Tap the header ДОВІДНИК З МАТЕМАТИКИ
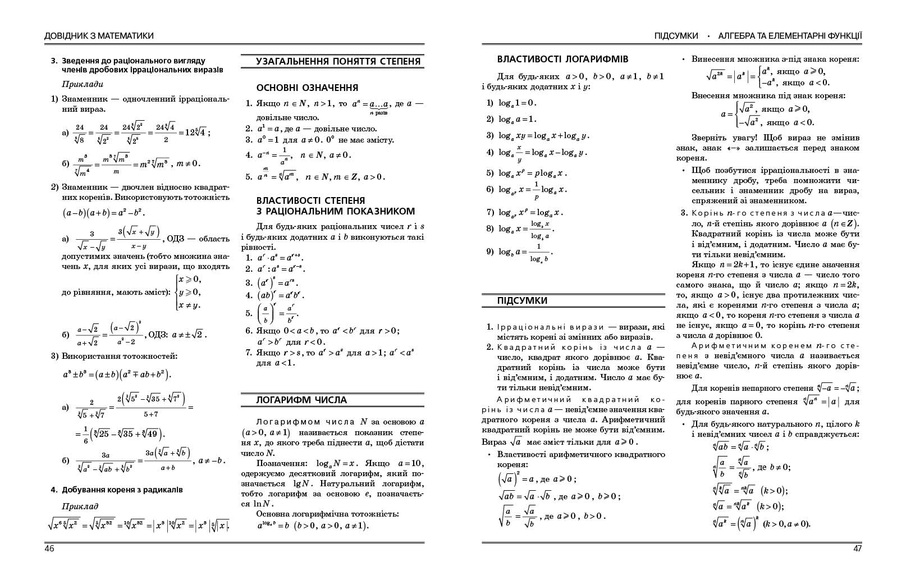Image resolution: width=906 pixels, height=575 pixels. [99, 36]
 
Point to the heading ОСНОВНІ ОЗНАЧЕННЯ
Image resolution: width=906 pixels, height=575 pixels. [307, 88]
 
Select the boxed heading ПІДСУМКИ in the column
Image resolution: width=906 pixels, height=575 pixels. [522, 301]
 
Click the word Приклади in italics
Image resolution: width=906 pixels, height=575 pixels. [83, 84]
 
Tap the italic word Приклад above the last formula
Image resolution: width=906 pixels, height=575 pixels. [80, 506]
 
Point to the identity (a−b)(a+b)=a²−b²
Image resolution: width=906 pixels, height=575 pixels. [104, 213]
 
